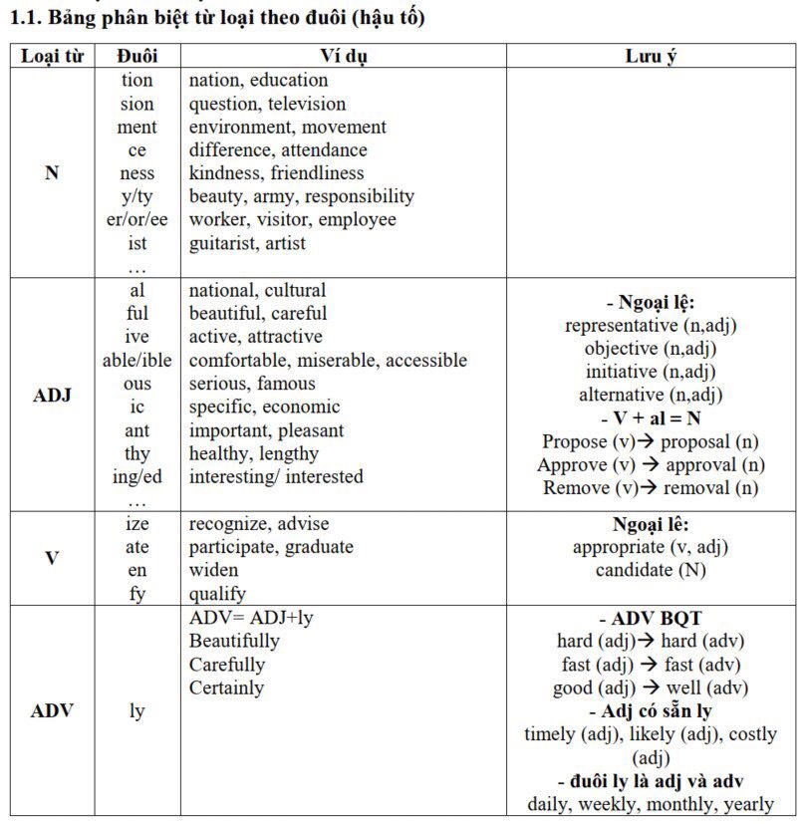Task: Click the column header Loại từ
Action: tap(52, 56)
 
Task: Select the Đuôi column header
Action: tap(136, 56)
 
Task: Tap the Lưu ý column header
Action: tap(651, 56)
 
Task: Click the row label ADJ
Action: tap(52, 396)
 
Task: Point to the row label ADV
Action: tap(52, 711)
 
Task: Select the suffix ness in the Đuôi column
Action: tap(136, 173)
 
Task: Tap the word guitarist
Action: tap(228, 243)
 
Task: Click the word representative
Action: tap(622, 326)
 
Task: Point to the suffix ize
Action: tap(136, 524)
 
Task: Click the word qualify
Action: tap(217, 594)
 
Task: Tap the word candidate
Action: tap(634, 570)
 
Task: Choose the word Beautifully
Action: tap(234, 641)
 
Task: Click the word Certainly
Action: tap(226, 687)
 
